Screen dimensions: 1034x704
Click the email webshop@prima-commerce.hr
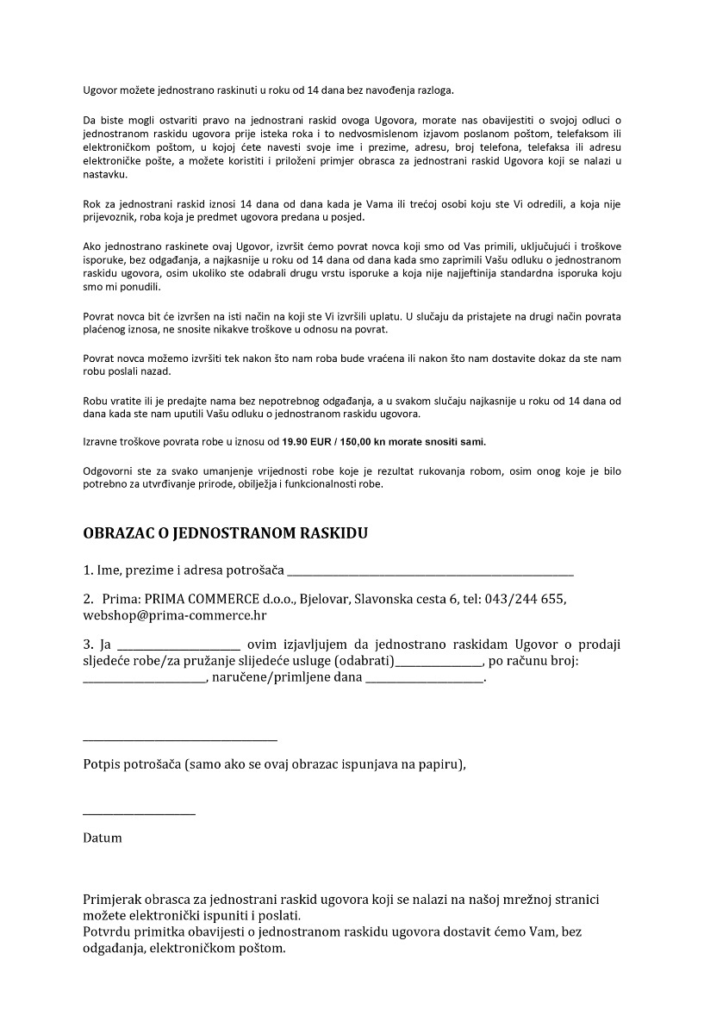175,615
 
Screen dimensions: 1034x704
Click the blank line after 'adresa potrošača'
430,572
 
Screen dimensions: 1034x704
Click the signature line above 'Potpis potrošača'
180,738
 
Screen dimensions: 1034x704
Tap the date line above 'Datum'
139,813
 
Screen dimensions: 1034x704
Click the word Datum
103,838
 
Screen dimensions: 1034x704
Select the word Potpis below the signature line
102,764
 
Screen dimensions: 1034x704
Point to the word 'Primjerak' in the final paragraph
113,900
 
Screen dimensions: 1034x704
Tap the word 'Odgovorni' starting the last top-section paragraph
109,471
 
